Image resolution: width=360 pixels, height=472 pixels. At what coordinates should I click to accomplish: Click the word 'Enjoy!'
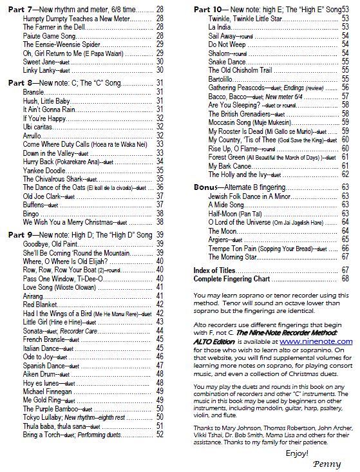[297, 453]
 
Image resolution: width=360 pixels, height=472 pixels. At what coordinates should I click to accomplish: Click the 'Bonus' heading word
[207, 187]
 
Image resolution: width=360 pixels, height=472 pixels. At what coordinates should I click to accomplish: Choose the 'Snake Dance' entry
[226, 61]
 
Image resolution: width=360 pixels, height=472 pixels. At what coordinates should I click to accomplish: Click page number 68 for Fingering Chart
[345, 279]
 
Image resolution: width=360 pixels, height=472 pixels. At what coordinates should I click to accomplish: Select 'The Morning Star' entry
[234, 256]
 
